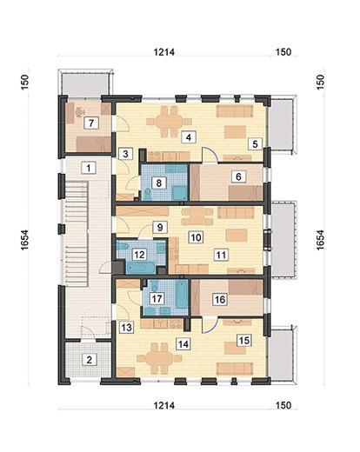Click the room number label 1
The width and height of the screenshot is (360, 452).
tap(88, 167)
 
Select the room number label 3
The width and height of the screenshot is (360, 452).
tap(126, 154)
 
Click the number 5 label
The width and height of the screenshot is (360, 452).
tap(254, 144)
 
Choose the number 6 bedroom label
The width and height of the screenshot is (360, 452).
tap(237, 176)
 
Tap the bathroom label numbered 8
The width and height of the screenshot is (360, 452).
tap(158, 183)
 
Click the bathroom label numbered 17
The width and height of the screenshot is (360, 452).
tap(157, 298)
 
